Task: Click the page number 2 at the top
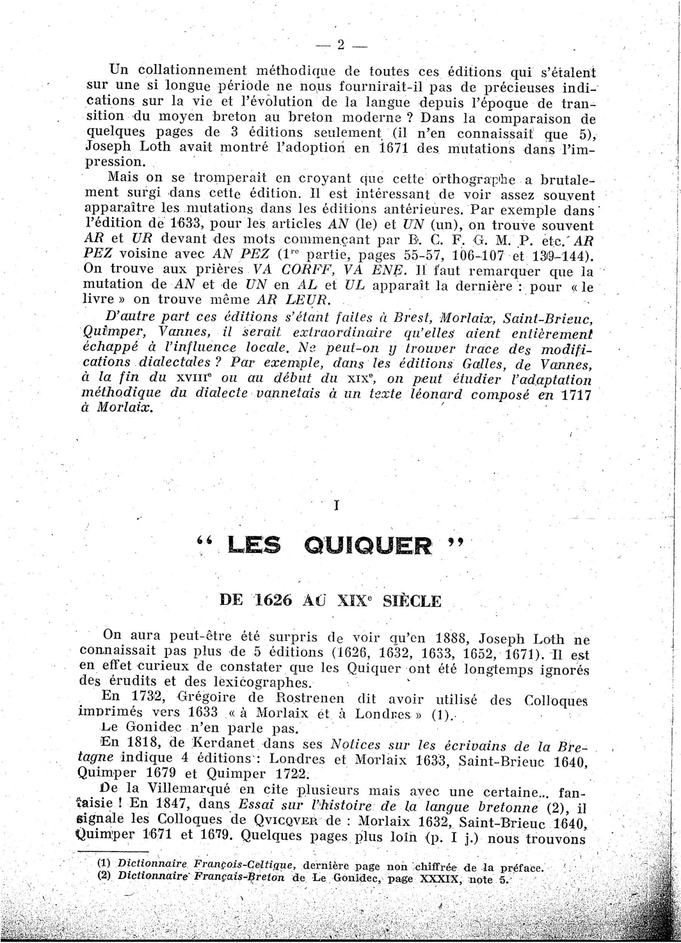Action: pos(340,45)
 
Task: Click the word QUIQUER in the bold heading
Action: pos(369,546)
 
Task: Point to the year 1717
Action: pos(577,395)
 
